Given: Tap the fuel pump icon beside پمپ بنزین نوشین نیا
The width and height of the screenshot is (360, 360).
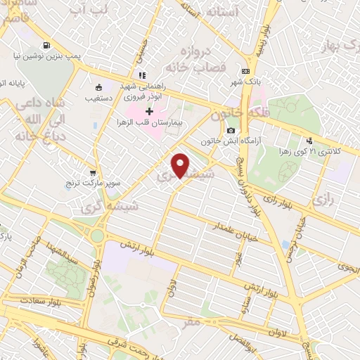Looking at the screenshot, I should (x=46, y=46).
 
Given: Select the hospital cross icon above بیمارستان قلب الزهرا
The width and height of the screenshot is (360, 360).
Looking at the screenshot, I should (x=150, y=111).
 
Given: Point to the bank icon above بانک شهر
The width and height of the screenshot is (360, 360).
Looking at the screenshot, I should (x=245, y=71).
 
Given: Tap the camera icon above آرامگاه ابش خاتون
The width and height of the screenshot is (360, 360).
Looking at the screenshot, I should (x=231, y=131).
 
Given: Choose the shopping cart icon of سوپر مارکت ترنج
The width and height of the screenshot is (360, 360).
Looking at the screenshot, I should (x=93, y=173).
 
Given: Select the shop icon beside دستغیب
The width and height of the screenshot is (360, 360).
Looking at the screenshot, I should (x=98, y=88).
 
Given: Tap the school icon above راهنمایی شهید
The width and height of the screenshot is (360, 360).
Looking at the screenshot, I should (x=143, y=75).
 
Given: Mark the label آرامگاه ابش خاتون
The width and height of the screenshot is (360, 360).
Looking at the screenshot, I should (x=229, y=141).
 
